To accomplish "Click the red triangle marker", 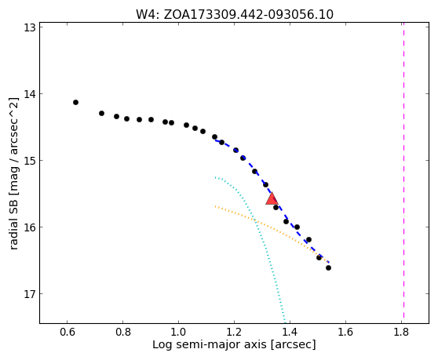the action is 272,198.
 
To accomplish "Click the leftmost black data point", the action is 75,103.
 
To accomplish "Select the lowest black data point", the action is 328,268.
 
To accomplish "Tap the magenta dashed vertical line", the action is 403,170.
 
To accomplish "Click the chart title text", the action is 235,15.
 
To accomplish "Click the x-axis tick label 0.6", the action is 67,332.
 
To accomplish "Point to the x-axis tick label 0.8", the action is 123,332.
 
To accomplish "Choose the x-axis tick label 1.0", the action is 178,332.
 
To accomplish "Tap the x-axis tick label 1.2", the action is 234,332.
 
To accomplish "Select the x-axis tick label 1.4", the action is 290,332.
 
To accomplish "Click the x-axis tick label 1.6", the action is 345,332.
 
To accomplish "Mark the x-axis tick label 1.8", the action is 401,332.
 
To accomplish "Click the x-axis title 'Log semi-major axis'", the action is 210,345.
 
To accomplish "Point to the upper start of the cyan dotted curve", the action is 215,177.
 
